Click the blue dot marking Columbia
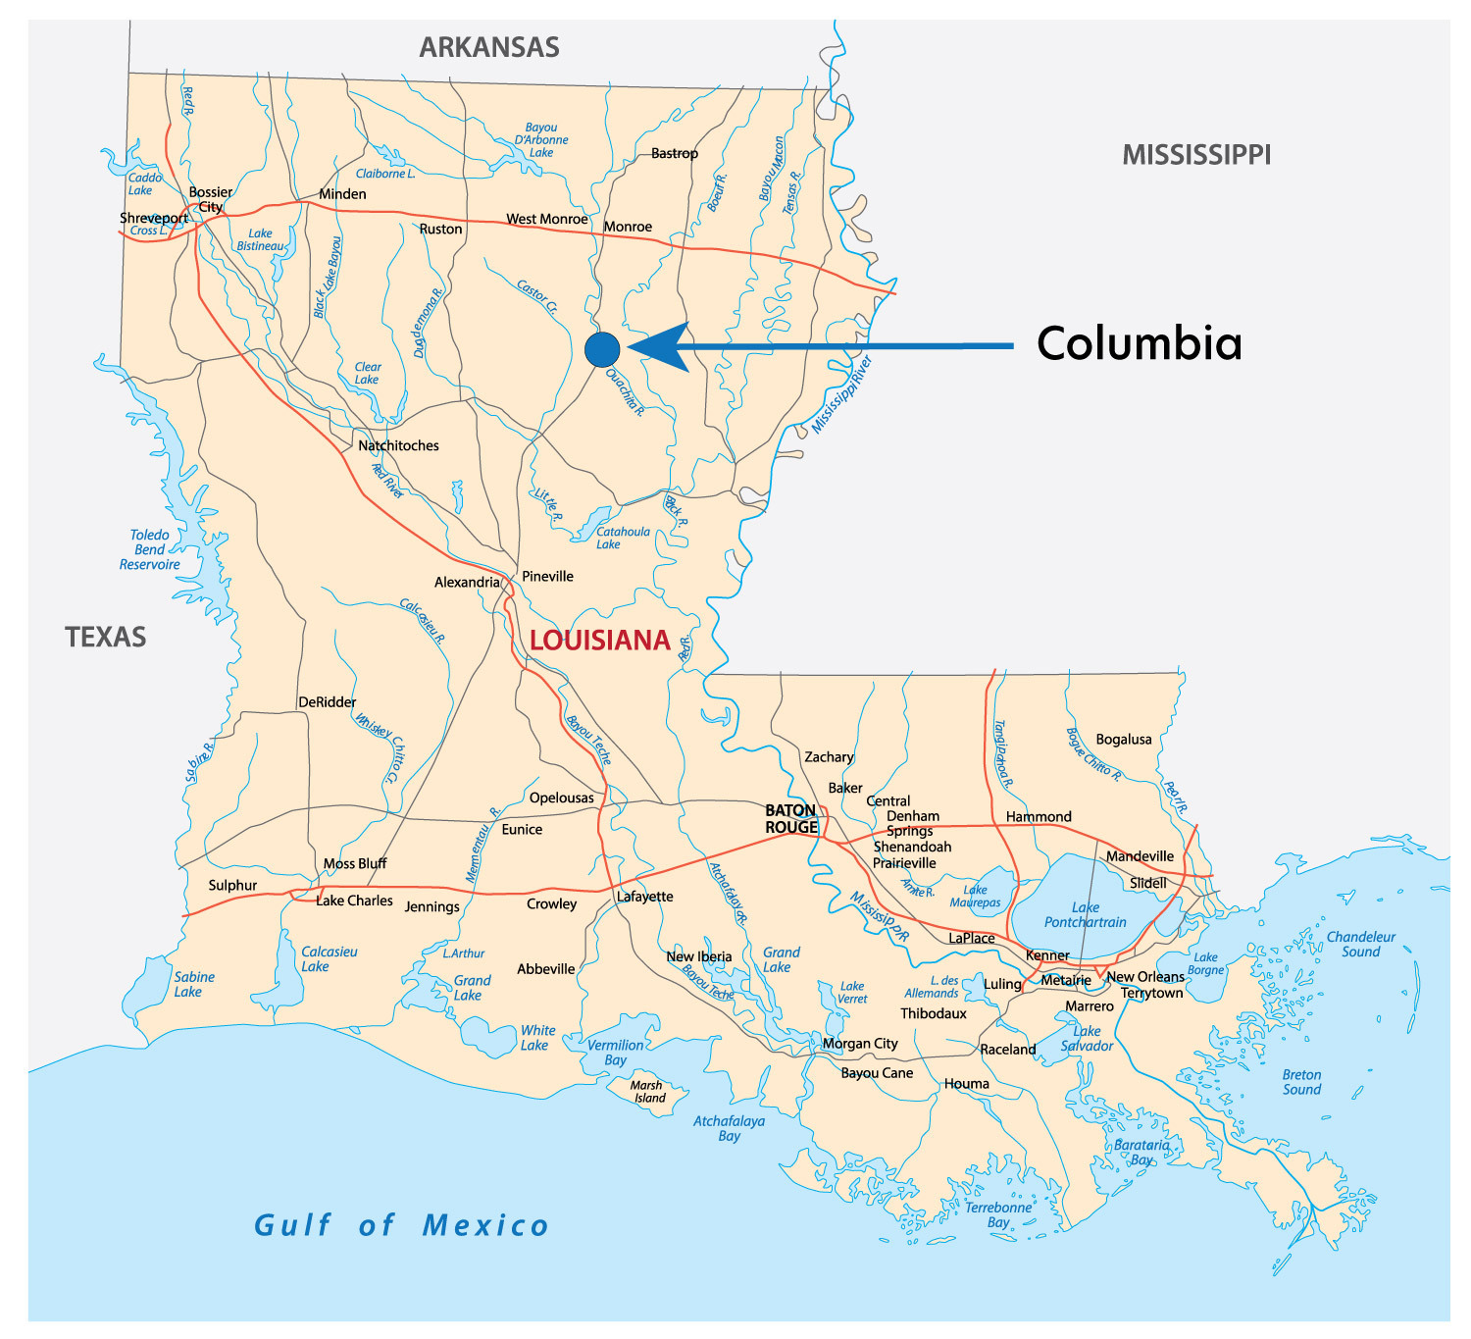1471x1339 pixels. pos(602,349)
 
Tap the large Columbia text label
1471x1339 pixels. pos(1139,343)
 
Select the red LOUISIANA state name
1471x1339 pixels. pos(600,641)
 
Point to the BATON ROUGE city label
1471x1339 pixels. pos(791,819)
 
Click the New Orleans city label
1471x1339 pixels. pos(1145,977)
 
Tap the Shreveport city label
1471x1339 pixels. pos(154,218)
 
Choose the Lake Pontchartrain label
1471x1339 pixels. pos(1085,915)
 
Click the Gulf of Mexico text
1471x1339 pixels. pos(401,1225)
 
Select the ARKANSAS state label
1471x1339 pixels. pos(489,47)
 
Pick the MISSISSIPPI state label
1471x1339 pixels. pos(1196,155)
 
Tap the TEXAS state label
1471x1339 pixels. pos(106,638)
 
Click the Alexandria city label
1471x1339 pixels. pos(467,583)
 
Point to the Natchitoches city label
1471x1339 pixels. pos(398,445)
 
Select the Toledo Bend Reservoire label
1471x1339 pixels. pos(150,549)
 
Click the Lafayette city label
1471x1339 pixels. pos(645,897)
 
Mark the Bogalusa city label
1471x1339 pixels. pos(1124,740)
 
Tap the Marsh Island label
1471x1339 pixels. pos(647,1092)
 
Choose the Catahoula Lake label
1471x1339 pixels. pos(623,538)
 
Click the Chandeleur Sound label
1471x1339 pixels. pos(1360,944)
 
